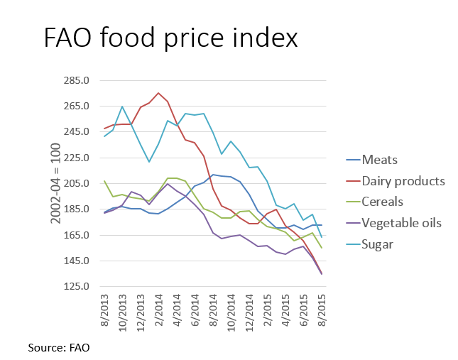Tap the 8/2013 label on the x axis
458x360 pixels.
pos(104,310)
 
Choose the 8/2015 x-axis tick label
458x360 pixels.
pos(321,310)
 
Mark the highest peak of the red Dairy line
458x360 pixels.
pos(158,93)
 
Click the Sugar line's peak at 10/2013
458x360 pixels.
pos(122,107)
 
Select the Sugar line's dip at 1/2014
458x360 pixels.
pos(149,162)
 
